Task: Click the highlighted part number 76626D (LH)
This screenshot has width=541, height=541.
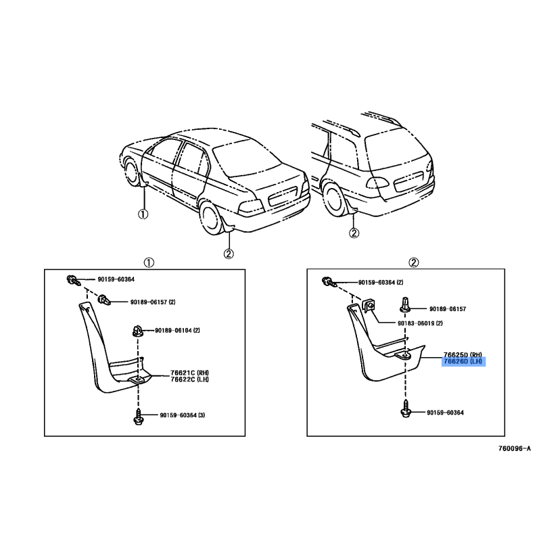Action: click(x=463, y=361)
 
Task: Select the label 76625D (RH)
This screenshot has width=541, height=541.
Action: click(x=463, y=354)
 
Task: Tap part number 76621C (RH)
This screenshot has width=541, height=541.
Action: click(x=190, y=373)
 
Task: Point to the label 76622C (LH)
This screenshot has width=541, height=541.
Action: click(x=190, y=379)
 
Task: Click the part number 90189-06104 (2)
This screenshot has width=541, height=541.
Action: click(x=177, y=330)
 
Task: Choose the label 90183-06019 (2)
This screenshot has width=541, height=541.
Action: click(x=420, y=323)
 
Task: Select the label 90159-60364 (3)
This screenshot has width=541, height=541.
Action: click(x=182, y=415)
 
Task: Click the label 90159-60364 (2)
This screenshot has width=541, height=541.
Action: click(x=381, y=282)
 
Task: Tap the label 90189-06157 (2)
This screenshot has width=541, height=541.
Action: click(x=153, y=302)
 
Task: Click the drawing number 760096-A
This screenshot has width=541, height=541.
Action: click(x=515, y=448)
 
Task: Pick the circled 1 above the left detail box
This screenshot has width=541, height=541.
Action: click(x=149, y=263)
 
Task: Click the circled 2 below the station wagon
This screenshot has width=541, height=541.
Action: click(x=354, y=233)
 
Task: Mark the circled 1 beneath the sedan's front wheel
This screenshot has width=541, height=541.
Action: click(x=143, y=214)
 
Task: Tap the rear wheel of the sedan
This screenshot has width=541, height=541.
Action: click(x=211, y=218)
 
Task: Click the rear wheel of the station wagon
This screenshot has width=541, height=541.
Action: click(x=333, y=200)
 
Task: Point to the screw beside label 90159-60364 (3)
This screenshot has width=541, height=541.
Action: click(x=139, y=417)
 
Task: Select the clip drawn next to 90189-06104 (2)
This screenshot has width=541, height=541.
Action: click(x=138, y=331)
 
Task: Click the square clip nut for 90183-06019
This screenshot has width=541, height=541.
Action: click(x=369, y=306)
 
